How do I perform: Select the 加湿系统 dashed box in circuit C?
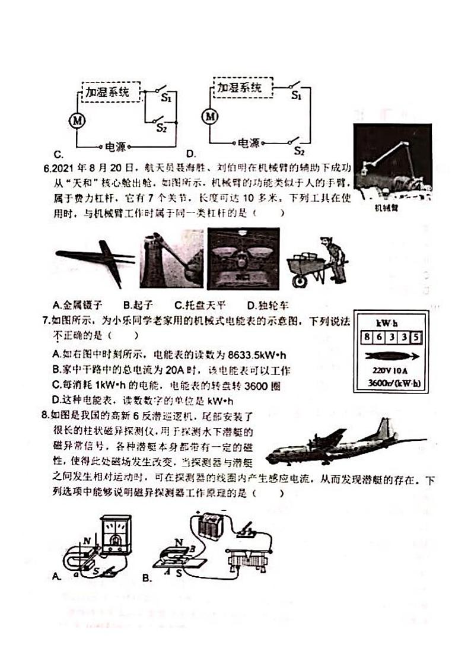111,92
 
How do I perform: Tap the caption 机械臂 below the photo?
386,208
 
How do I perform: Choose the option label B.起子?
138,305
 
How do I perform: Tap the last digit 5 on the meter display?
416,338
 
